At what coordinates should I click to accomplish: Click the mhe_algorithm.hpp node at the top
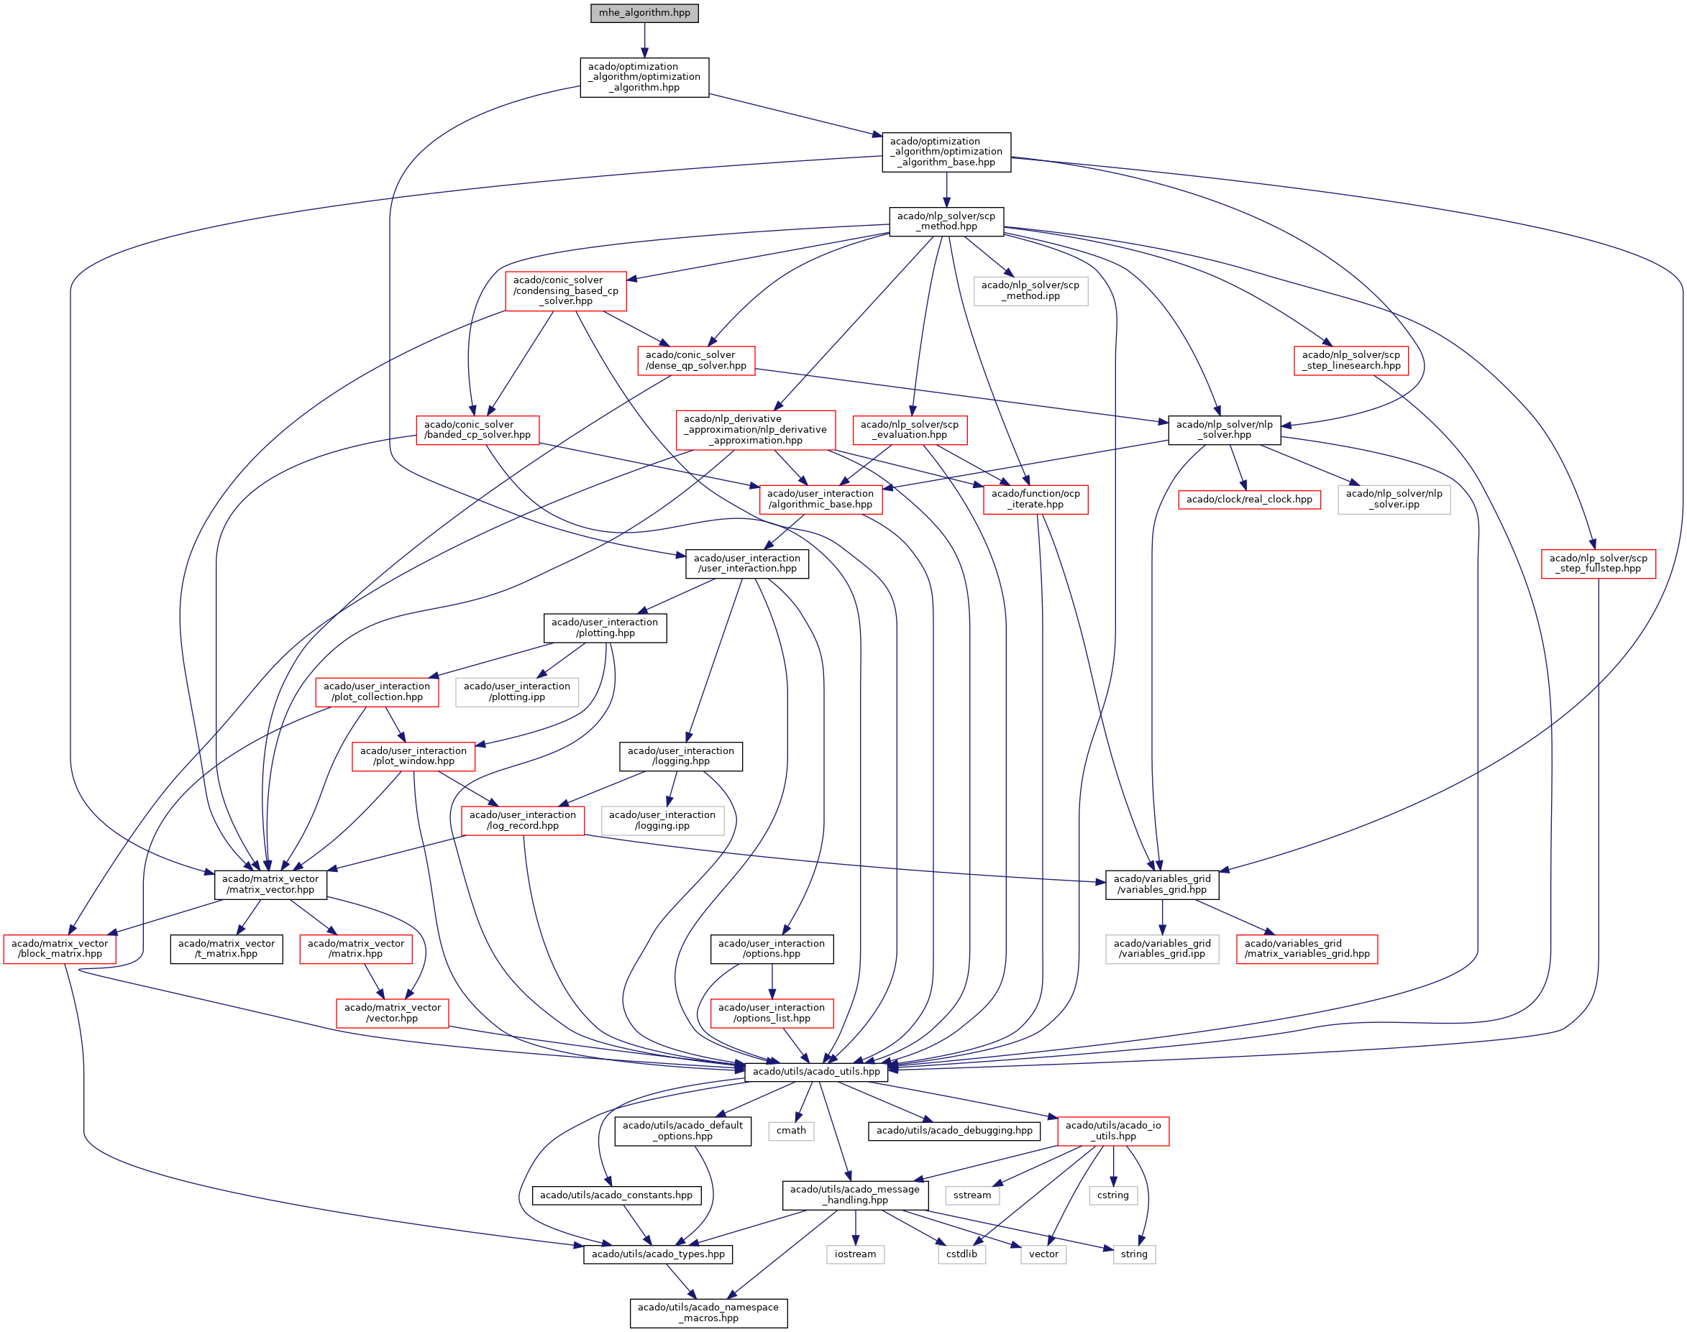pos(644,13)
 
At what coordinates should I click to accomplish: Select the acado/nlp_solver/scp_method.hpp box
pos(946,221)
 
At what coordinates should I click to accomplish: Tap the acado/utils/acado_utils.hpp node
pos(815,1072)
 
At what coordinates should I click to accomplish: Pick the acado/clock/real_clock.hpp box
pos(1248,499)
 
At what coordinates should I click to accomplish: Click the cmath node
pos(791,1131)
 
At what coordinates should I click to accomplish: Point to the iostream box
pos(855,1254)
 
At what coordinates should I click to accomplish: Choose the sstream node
pos(971,1195)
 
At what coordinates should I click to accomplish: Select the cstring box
pos(1112,1195)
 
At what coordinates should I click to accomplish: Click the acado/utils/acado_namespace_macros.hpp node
pos(708,1313)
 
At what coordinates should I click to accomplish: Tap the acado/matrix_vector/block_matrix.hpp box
pos(60,949)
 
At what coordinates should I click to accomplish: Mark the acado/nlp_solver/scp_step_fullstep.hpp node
pos(1598,564)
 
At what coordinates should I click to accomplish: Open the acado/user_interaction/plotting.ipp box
pos(516,692)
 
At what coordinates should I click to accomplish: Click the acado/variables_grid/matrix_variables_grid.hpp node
pos(1307,949)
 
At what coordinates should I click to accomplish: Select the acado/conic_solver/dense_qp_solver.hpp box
pos(695,360)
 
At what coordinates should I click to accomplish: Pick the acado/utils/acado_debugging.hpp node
pos(954,1131)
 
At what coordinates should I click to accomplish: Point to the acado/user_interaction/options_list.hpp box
pos(772,1013)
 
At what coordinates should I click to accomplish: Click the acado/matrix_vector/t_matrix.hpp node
pos(227,949)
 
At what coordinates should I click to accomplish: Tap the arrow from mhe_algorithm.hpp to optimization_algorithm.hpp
pos(644,40)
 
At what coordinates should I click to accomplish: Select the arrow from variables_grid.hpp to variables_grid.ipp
pos(1162,917)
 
